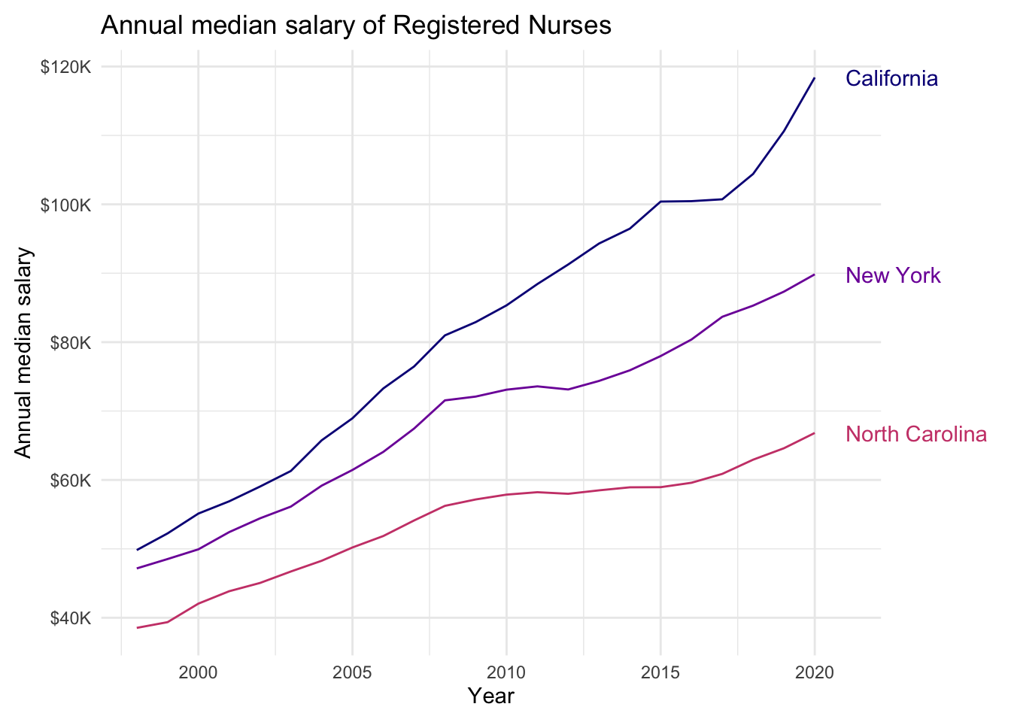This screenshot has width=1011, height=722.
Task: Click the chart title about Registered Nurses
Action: (356, 26)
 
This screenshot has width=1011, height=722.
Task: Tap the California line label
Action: (891, 79)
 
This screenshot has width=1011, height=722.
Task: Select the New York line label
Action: (893, 275)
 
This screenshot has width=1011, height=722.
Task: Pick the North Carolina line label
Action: (915, 434)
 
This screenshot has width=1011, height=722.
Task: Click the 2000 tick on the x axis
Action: (198, 672)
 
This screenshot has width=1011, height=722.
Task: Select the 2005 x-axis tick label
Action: (352, 672)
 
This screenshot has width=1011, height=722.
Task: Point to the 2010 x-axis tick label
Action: (506, 672)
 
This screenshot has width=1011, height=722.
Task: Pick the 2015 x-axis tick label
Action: (660, 672)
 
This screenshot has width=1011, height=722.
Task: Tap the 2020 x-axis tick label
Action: (815, 672)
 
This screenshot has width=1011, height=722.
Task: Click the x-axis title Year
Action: (490, 696)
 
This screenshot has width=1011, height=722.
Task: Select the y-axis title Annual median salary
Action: (24, 352)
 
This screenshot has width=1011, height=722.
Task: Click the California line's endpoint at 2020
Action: (815, 78)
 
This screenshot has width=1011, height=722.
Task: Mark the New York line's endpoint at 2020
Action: (815, 275)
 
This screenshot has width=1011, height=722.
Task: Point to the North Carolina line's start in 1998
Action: (137, 627)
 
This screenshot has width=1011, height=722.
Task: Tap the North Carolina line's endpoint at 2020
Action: (815, 433)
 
